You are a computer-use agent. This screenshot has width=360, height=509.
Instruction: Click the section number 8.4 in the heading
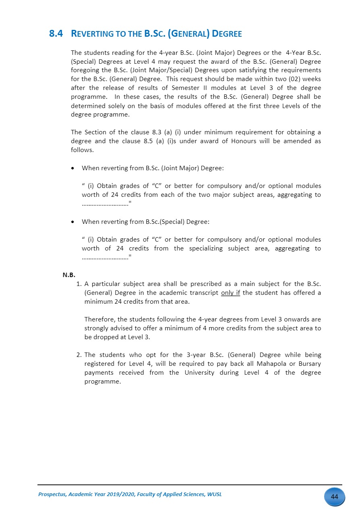pos(56,34)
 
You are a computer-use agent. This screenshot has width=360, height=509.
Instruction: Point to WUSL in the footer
pos(214,494)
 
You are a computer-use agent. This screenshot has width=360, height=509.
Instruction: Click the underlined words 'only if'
pos(231,292)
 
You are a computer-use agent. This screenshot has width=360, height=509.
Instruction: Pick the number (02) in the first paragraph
pos(296,79)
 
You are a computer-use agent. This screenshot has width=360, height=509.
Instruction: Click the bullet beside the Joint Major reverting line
pos(73,168)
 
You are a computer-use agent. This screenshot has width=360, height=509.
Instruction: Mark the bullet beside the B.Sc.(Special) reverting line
pos(73,222)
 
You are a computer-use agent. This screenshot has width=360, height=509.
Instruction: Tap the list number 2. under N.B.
pos(79,355)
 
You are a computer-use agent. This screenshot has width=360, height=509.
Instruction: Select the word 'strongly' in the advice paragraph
pos(96,328)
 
